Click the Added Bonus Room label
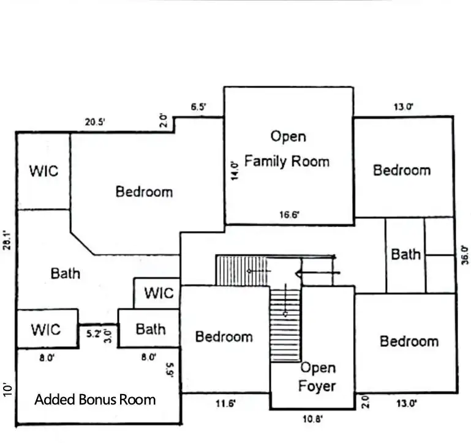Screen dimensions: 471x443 95,400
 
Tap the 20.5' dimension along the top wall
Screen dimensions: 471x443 94,122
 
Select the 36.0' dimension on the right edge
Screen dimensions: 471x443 464,255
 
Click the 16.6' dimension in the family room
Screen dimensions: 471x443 289,215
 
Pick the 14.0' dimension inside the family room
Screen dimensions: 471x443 235,171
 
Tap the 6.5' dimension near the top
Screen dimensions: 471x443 198,106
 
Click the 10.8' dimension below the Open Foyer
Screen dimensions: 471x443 313,419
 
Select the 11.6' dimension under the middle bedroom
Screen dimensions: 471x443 225,403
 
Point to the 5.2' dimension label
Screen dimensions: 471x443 94,333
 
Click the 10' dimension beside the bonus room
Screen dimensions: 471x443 7,390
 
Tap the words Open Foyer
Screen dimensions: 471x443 317,377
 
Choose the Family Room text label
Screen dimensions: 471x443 287,161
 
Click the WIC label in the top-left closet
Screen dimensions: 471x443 44,171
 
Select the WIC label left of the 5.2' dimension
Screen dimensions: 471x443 46,330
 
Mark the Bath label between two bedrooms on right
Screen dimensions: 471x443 406,255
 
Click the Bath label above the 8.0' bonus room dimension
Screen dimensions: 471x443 151,329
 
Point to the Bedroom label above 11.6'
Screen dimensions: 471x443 224,337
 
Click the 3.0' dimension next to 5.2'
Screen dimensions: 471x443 108,336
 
